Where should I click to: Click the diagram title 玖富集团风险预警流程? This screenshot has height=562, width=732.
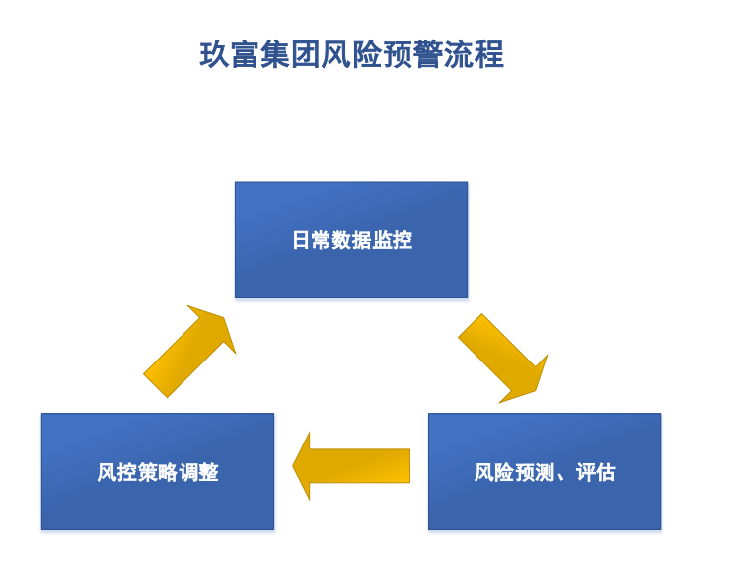tap(351, 55)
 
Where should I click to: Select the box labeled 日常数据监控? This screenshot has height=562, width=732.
tap(351, 240)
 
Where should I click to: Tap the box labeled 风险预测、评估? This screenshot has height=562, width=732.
tap(545, 472)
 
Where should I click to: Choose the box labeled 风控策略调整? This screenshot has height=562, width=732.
tap(158, 472)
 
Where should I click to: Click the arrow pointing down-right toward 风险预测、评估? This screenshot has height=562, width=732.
tap(502, 359)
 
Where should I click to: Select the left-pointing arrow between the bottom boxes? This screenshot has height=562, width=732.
tap(352, 465)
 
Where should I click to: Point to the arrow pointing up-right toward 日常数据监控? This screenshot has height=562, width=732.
tap(190, 352)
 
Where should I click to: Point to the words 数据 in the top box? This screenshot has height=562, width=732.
tap(351, 240)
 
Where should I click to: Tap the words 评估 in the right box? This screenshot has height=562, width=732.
tap(595, 472)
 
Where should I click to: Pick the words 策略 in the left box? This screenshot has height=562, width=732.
tap(158, 472)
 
